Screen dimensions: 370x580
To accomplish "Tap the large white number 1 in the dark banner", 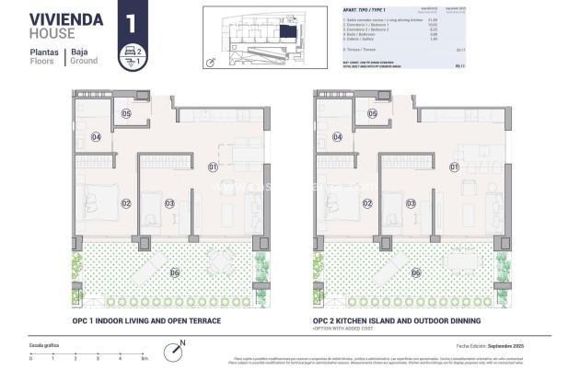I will [x=131, y=21].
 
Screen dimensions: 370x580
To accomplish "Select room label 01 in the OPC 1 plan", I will [x=212, y=167].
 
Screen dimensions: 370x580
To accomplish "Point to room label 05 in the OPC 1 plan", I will [x=127, y=114].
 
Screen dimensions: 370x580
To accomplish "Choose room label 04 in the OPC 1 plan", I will [x=95, y=137].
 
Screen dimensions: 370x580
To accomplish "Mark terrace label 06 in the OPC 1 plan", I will [x=174, y=272].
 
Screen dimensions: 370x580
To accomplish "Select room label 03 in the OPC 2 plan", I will [x=412, y=203].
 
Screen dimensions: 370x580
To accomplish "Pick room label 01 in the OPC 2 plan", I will [x=454, y=167].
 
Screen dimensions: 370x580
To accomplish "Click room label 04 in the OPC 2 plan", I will [x=337, y=137].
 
